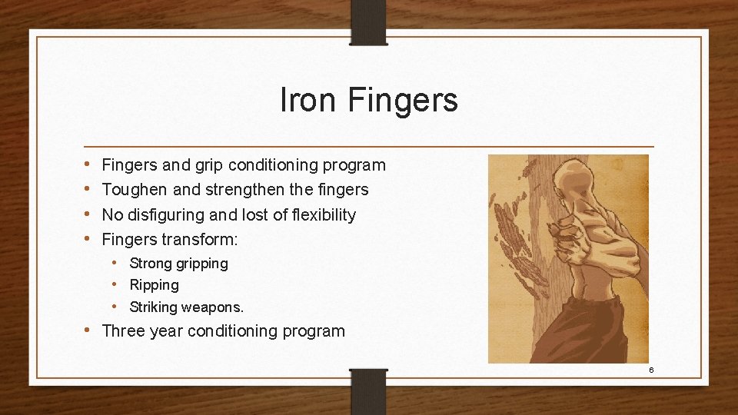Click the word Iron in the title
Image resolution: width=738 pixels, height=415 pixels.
point(309,100)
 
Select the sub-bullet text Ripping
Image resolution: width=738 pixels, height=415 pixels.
point(154,285)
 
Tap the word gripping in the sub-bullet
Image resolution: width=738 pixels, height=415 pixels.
point(201,264)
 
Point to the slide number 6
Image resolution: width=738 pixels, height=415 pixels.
point(651,370)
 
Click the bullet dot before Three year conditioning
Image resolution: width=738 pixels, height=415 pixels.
point(89,331)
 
